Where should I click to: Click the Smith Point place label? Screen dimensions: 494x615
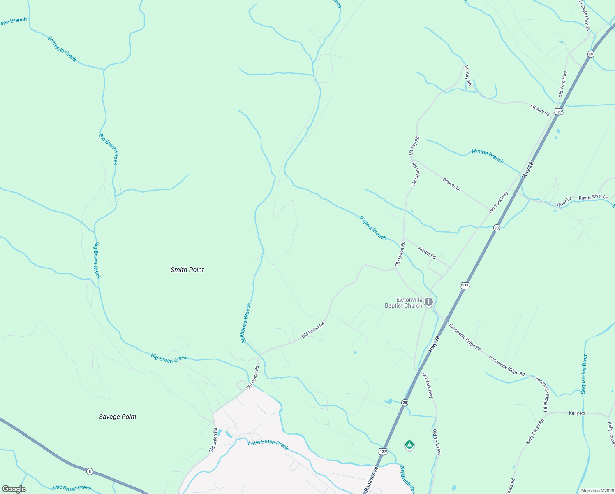click(187, 270)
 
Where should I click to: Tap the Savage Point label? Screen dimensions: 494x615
click(118, 417)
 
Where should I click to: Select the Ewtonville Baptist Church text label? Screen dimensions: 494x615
click(403, 303)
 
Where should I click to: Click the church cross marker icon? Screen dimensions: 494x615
click(428, 303)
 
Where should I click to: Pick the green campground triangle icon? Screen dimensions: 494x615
click(409, 445)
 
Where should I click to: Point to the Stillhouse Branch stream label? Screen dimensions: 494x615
click(245, 323)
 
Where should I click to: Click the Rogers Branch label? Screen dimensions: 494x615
click(373, 228)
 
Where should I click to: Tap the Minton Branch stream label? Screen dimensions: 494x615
click(488, 156)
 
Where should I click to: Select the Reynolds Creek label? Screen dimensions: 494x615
click(62, 49)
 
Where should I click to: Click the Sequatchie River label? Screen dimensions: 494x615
click(584, 374)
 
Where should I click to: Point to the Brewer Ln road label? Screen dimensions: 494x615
click(452, 184)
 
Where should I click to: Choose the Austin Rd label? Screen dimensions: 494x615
click(427, 252)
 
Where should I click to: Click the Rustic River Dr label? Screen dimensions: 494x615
click(593, 198)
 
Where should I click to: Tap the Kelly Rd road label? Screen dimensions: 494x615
click(577, 413)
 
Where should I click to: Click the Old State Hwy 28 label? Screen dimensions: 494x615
click(584, 16)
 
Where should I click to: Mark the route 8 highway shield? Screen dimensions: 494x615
click(90, 471)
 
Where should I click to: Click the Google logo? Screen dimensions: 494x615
click(14, 489)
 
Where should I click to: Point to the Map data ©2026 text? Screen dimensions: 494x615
click(596, 491)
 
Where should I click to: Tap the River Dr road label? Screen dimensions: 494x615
click(564, 201)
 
